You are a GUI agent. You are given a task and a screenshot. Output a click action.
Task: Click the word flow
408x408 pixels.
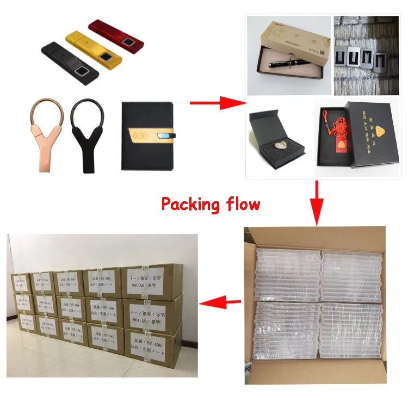242,205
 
